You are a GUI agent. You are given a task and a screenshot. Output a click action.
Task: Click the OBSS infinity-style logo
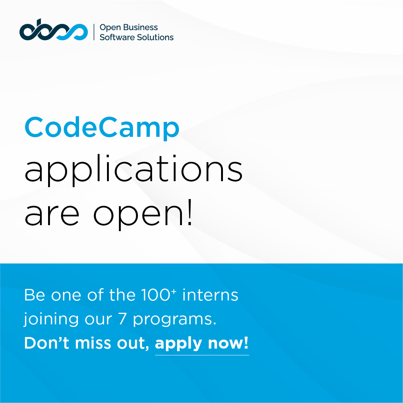(53, 32)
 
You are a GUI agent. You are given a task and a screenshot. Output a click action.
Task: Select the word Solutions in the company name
(155, 37)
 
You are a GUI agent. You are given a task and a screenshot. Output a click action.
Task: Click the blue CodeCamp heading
(102, 127)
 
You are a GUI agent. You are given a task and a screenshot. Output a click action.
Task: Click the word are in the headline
(52, 215)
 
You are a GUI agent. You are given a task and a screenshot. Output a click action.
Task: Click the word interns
(210, 295)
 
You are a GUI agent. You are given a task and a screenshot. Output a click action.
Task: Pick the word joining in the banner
(51, 320)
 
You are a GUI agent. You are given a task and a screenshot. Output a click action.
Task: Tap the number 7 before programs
(122, 319)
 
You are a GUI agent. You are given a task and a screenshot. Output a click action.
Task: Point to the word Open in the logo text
(110, 28)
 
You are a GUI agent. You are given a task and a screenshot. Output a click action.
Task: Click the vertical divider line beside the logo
(94, 32)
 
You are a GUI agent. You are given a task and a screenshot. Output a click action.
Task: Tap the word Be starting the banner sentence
(34, 295)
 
